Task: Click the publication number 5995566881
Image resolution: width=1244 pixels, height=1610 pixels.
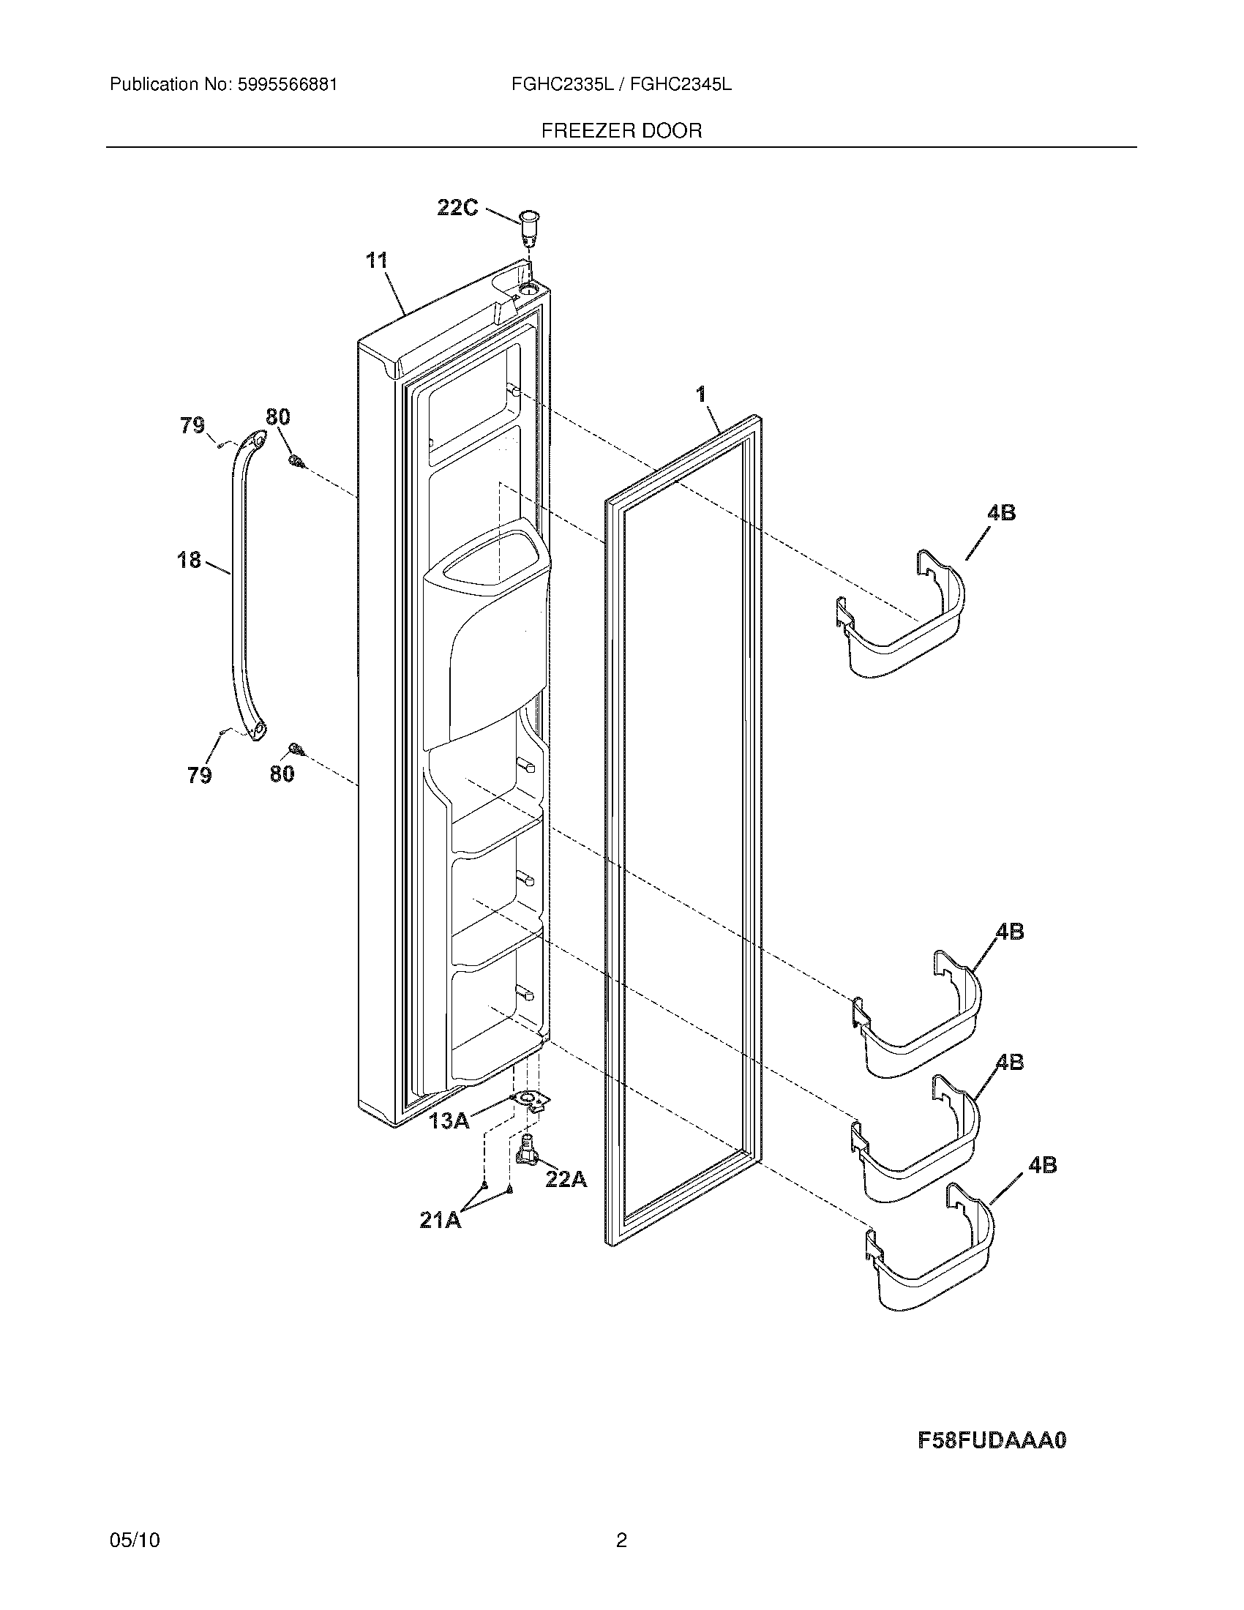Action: pos(287,85)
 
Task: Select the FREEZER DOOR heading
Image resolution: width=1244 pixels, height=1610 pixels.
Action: pos(621,131)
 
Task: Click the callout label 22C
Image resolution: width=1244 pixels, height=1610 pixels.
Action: pos(457,209)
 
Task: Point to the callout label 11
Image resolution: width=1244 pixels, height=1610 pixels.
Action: pos(377,261)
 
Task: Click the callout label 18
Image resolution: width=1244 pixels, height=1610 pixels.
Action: pos(190,561)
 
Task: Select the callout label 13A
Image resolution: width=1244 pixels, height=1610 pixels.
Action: pos(449,1121)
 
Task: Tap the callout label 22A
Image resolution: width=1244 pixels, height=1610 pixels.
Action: pos(566,1180)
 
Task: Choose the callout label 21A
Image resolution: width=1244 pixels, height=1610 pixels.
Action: pos(441,1221)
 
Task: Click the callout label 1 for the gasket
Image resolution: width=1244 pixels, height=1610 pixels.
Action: pos(701,395)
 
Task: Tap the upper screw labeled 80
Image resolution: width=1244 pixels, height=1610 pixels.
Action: pos(296,462)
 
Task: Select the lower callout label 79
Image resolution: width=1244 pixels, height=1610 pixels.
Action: pos(200,776)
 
